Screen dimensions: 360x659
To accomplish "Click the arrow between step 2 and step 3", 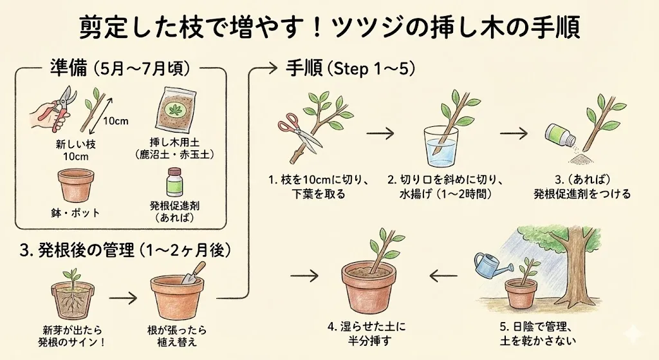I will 514,133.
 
